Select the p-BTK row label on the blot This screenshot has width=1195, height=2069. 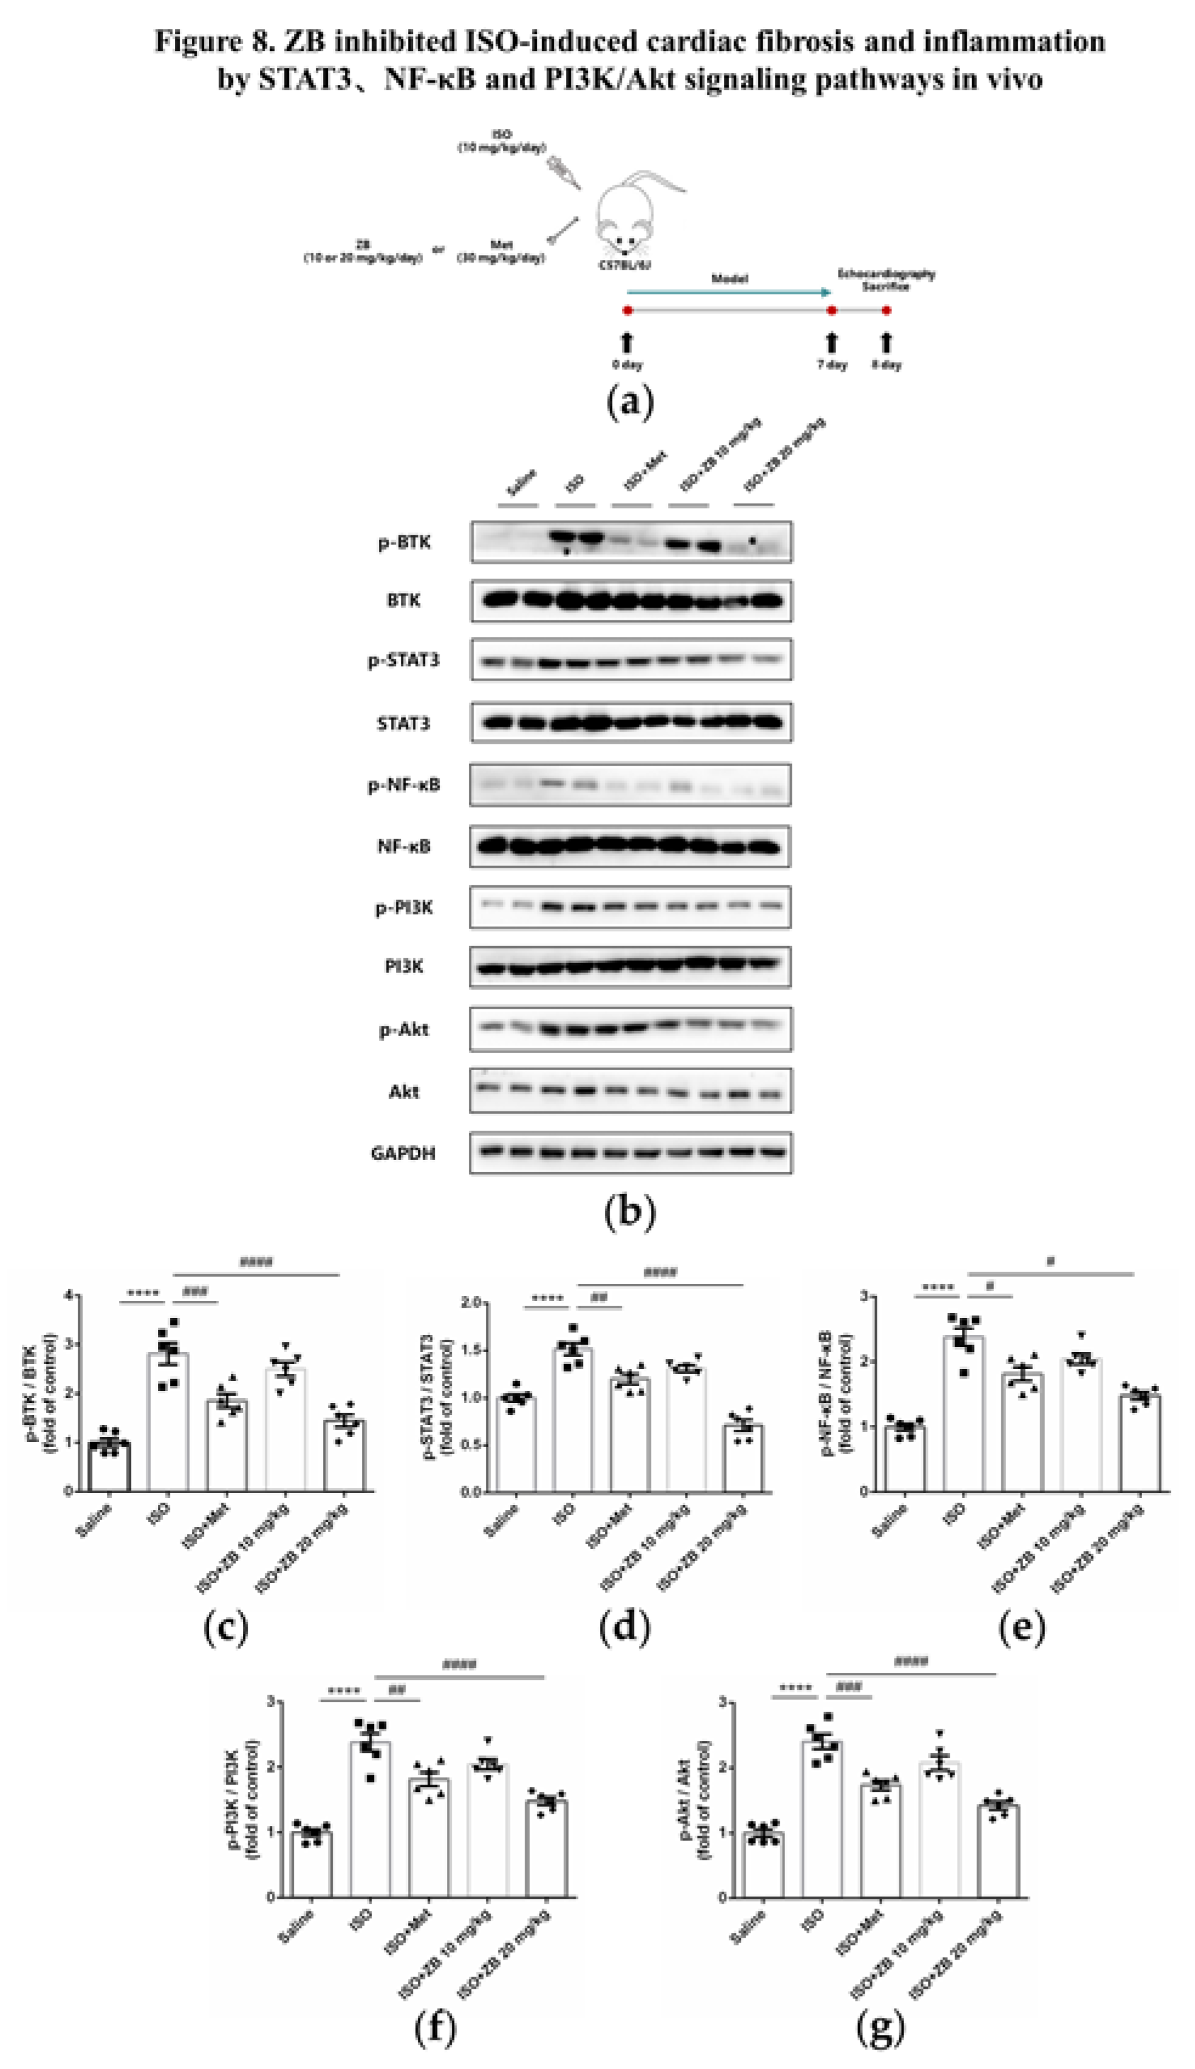coord(404,543)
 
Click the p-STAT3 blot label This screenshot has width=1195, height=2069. coord(403,660)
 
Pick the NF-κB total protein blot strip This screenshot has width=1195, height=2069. coord(630,846)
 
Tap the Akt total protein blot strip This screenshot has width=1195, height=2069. coord(630,1091)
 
